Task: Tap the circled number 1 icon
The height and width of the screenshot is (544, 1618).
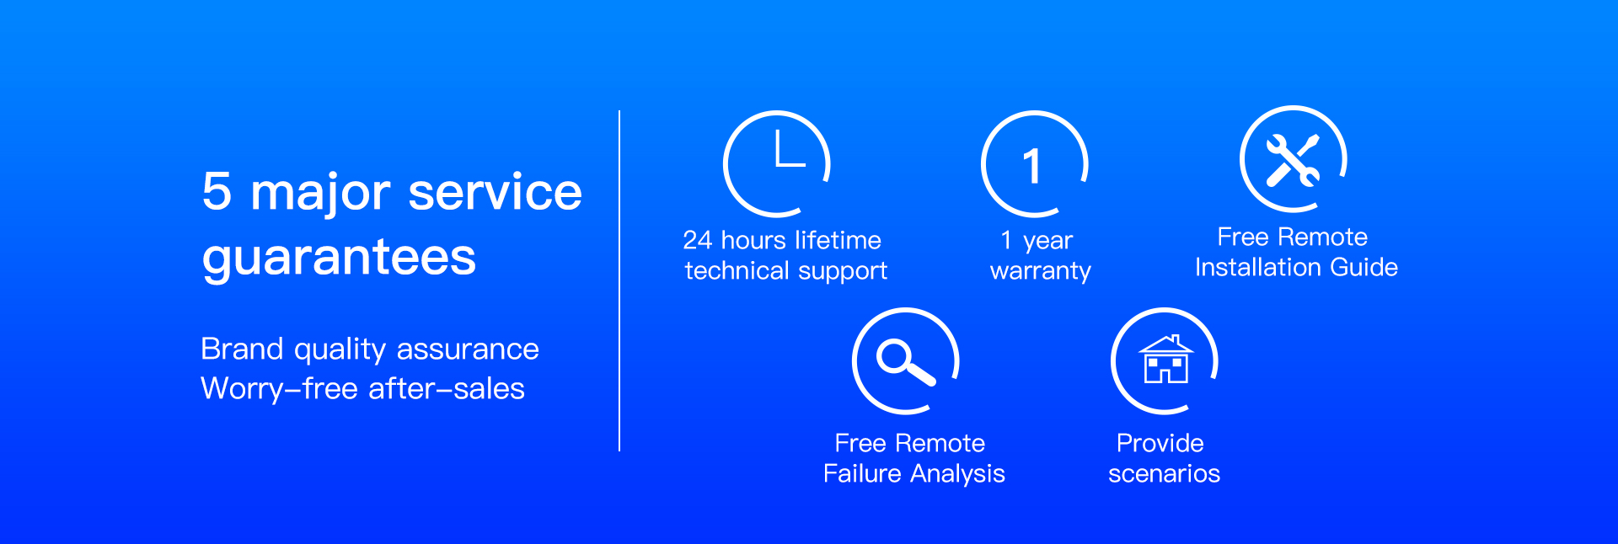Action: click(1031, 166)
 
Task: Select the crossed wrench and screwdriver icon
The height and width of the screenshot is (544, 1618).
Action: click(1293, 159)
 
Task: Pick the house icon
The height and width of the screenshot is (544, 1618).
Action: click(1165, 360)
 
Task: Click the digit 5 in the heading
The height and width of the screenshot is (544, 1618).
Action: click(217, 191)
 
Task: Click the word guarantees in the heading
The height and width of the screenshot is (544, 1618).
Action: click(339, 257)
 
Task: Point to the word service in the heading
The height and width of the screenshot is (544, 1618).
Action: click(495, 192)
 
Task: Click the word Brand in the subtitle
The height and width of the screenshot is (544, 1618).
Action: click(242, 349)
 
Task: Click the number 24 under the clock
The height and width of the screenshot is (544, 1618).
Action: click(698, 241)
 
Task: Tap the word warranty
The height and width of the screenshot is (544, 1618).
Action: click(1041, 271)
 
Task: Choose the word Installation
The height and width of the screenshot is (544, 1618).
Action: click(1257, 267)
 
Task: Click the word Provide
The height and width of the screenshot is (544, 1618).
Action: click(1160, 443)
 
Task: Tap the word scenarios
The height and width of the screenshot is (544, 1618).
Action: click(1165, 474)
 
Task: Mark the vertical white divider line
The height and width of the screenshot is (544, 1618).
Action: click(619, 280)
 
